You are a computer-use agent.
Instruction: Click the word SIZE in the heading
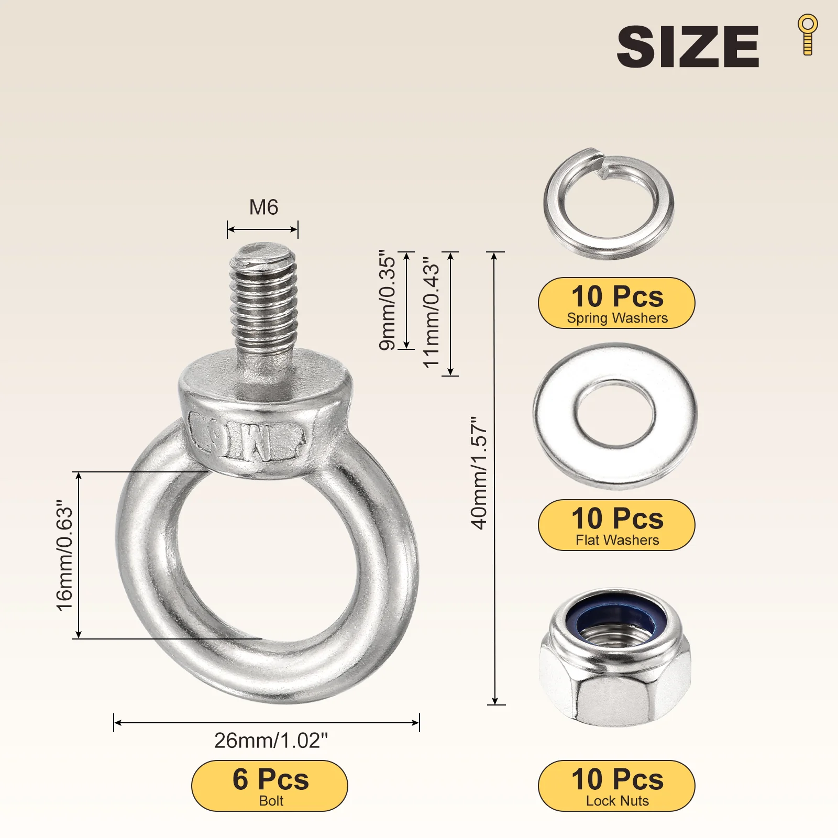point(688,47)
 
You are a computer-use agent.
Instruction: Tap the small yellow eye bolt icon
point(808,34)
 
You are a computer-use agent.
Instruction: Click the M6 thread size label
point(263,207)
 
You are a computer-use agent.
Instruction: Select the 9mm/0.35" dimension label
point(387,300)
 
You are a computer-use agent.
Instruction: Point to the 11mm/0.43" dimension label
point(432,313)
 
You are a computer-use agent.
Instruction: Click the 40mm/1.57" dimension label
point(479,473)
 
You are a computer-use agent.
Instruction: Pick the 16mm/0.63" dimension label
point(64,556)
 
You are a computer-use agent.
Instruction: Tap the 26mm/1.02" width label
point(271,741)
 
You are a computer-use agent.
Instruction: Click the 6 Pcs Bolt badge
point(270,786)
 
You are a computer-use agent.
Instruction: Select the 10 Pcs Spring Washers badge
point(616,303)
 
